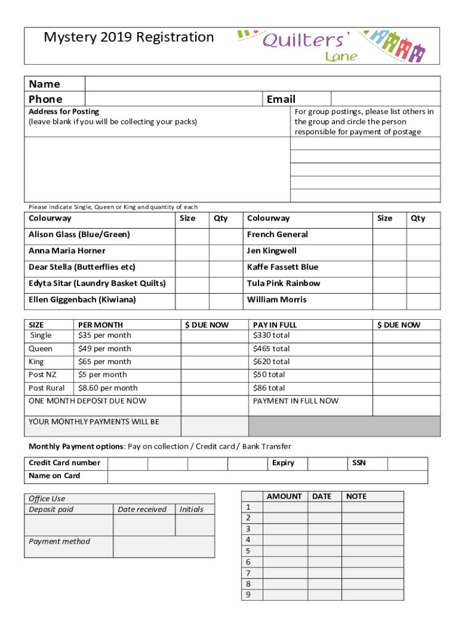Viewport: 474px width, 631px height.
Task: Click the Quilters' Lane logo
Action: (332, 45)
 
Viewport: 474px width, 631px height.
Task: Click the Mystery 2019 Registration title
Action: (129, 38)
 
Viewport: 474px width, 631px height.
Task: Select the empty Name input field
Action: (262, 84)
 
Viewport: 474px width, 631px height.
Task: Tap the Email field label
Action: (281, 99)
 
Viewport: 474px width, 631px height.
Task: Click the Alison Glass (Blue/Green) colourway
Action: (79, 235)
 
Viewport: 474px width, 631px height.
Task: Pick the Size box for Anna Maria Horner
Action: (192, 251)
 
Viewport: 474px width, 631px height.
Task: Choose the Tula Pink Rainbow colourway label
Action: (283, 283)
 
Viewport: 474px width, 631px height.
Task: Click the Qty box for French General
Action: (424, 235)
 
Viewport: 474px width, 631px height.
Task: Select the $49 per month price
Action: (104, 349)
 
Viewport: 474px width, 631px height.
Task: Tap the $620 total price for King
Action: (271, 362)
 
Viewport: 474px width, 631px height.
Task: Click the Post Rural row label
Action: (46, 388)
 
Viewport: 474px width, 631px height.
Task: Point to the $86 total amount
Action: (268, 388)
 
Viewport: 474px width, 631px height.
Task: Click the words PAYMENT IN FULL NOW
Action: (295, 401)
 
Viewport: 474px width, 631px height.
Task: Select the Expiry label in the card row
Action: (283, 463)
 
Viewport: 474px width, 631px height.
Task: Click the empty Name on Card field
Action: (267, 476)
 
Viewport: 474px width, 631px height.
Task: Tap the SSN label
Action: (358, 463)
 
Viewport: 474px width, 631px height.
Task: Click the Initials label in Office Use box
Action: (191, 510)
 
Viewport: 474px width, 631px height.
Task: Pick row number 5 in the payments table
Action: (248, 551)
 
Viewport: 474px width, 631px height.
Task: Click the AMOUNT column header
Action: (284, 497)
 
